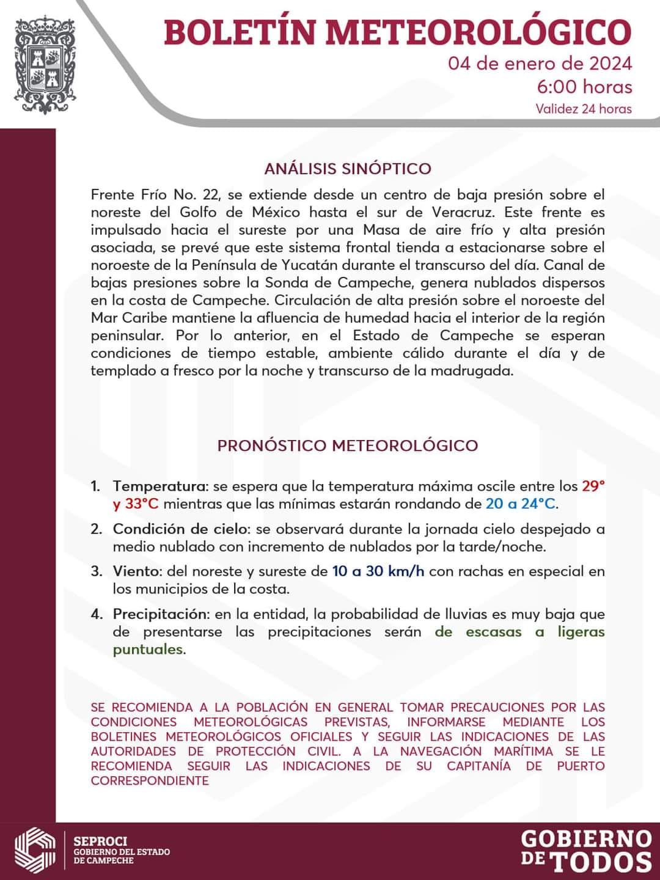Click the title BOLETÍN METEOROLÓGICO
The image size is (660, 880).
tap(397, 32)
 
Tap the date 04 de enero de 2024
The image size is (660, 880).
tap(540, 64)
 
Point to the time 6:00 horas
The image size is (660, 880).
tap(584, 87)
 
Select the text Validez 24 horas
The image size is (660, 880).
tap(583, 109)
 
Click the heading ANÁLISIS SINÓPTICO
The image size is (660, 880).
tap(348, 169)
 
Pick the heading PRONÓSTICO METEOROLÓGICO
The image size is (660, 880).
tap(348, 445)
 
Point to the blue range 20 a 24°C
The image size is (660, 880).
tap(521, 504)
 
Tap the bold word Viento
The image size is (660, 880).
tap(137, 571)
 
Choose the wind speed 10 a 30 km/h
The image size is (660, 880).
tap(378, 571)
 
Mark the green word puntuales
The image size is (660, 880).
tap(148, 649)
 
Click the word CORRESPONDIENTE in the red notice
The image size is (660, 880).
tap(150, 780)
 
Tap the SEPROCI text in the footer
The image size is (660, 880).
tap(100, 842)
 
